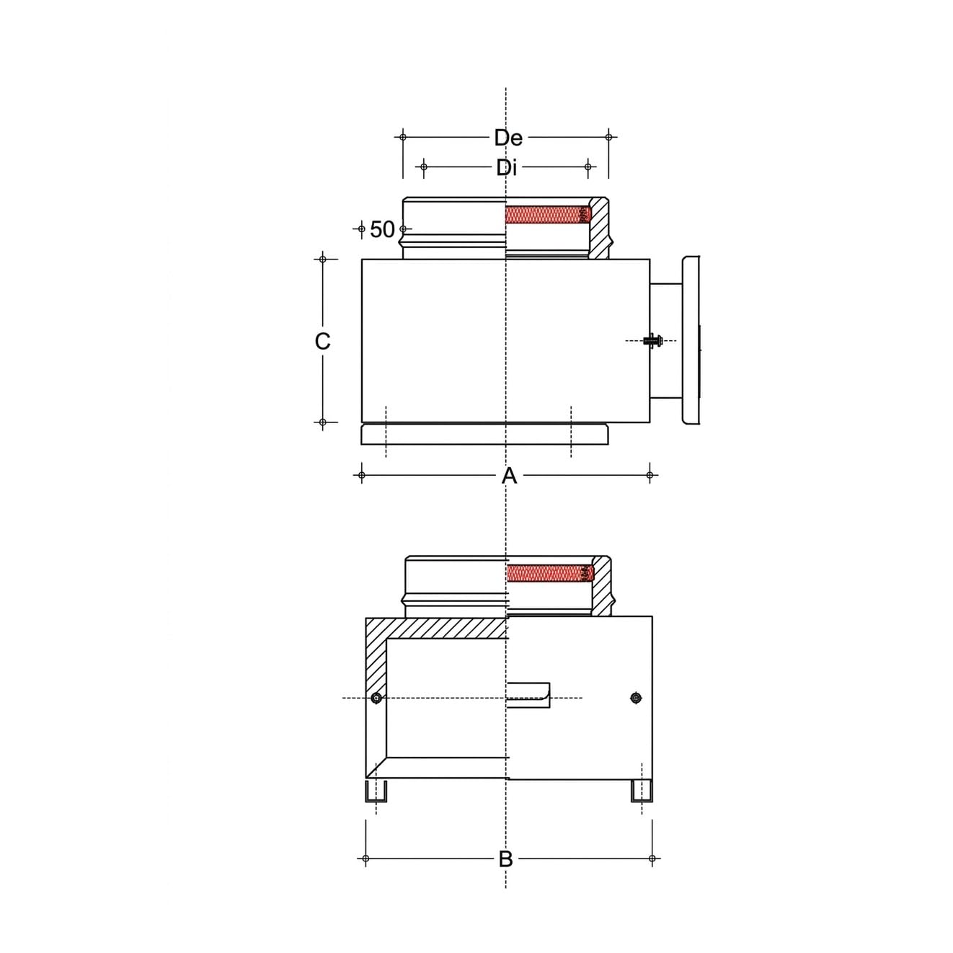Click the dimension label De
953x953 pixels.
coord(508,138)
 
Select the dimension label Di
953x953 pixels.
coord(507,168)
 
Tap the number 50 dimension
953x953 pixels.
coord(382,229)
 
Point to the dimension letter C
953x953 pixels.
coord(322,341)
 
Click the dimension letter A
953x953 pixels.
coord(509,476)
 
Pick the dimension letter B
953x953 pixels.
coord(505,859)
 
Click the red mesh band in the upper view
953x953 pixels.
coord(547,215)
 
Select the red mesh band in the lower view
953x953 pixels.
coord(551,572)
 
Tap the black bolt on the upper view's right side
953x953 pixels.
coord(652,341)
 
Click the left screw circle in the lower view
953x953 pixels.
coord(376,698)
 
